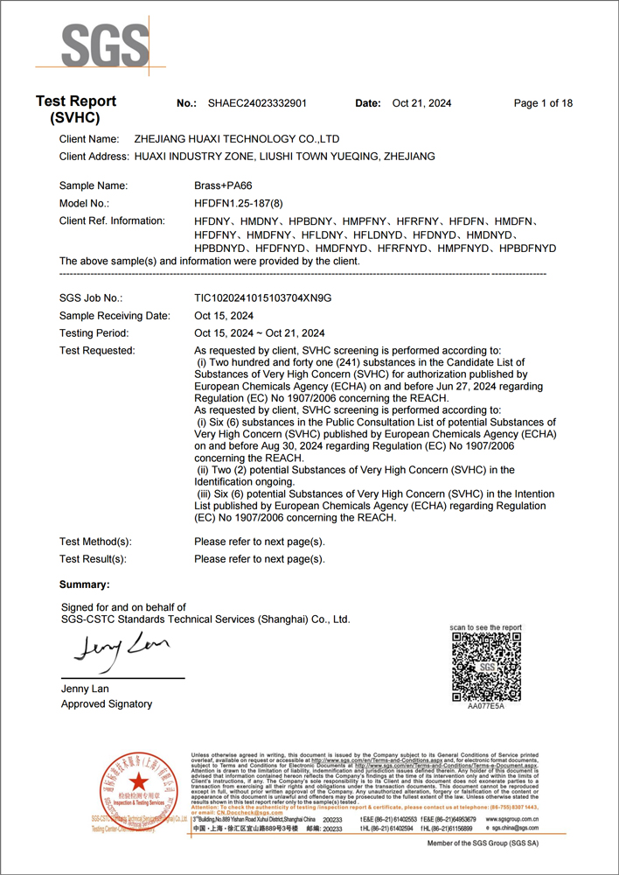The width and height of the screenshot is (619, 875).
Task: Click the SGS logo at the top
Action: (x=93, y=44)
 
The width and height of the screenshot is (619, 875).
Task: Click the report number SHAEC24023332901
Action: (x=257, y=103)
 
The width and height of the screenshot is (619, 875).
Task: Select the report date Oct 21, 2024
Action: (x=421, y=103)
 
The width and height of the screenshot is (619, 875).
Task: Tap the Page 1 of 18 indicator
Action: (x=543, y=103)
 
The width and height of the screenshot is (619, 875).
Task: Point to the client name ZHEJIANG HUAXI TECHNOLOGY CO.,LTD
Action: (x=237, y=139)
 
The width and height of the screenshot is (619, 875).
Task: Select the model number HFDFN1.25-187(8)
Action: (x=238, y=203)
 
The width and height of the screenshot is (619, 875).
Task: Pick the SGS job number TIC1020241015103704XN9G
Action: (x=262, y=298)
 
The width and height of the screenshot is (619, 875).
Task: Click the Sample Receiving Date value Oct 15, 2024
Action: (x=224, y=316)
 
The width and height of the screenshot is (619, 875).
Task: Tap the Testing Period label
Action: (x=94, y=333)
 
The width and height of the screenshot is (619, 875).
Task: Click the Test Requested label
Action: (x=97, y=351)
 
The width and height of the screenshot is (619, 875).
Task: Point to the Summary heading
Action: (x=84, y=584)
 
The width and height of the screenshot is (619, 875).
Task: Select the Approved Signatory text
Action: (x=107, y=703)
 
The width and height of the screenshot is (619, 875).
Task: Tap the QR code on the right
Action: (x=486, y=667)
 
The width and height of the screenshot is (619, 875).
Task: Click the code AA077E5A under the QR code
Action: (x=486, y=705)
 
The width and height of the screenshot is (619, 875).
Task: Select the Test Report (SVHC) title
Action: (x=75, y=109)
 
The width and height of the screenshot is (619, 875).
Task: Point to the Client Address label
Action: (x=94, y=157)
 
